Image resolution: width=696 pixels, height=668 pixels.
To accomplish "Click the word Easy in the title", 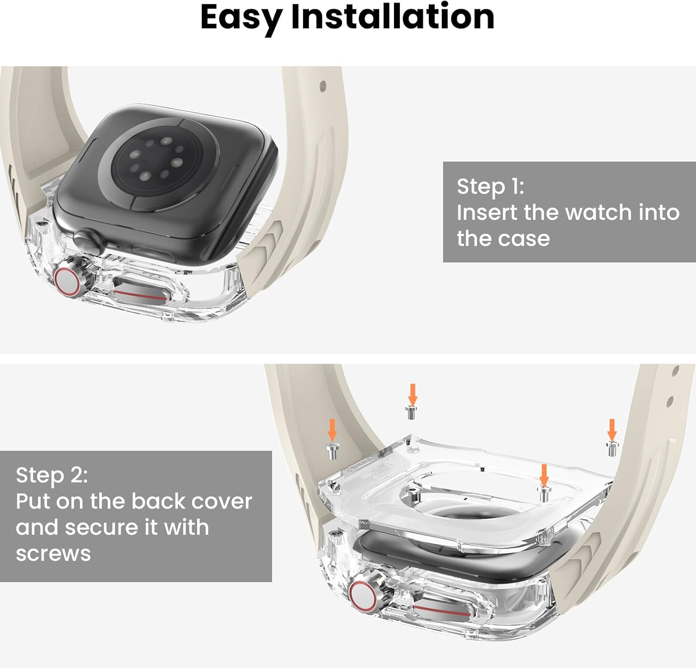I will (241, 18).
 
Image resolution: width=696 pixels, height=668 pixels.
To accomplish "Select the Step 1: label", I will (490, 186).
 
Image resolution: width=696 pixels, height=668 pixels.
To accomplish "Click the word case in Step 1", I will (527, 238).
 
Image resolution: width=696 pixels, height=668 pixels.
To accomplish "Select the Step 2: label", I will (52, 475).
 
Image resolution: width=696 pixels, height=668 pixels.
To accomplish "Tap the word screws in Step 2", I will (53, 553).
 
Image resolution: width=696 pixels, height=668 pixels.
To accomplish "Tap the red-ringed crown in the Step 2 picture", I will (363, 595).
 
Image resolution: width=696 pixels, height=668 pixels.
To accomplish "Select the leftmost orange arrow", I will (332, 430).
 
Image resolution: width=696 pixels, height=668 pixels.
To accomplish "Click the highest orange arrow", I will (412, 394).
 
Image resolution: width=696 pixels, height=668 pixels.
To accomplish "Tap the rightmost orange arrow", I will (612, 430).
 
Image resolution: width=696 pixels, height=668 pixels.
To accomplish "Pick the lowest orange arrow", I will (544, 475).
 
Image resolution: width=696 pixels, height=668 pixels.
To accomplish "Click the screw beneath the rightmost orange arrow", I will (612, 449).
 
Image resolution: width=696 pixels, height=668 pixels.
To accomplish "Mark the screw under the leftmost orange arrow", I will (333, 450).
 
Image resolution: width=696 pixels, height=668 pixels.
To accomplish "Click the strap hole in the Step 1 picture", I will (322, 86).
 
